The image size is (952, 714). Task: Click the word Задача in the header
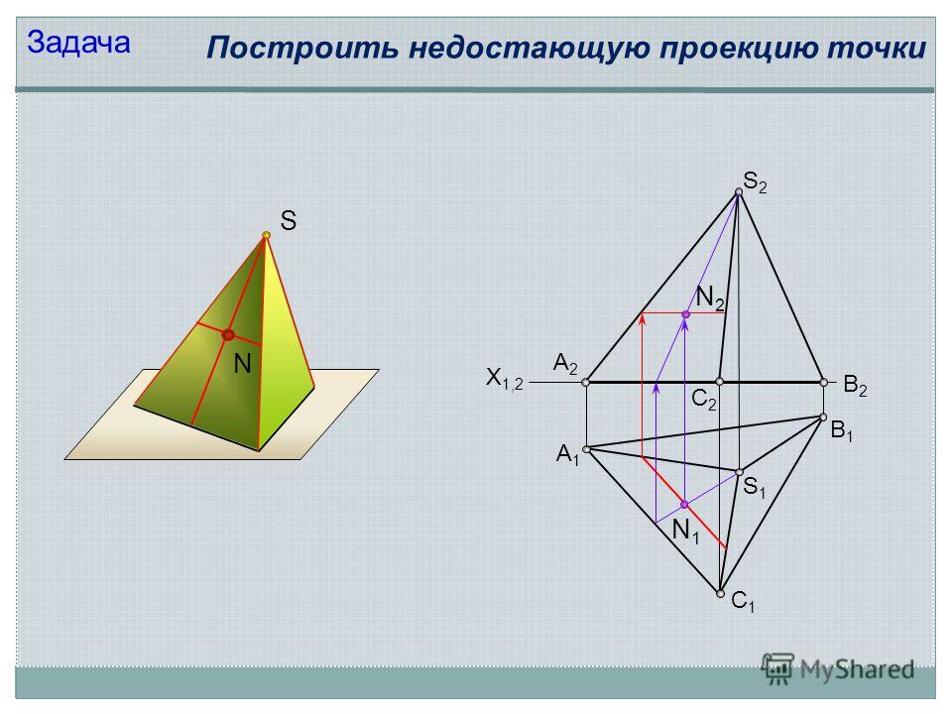[x=78, y=43]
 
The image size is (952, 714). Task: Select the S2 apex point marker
[x=739, y=191]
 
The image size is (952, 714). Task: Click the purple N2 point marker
[x=685, y=314]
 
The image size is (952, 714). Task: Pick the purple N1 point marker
[x=684, y=505]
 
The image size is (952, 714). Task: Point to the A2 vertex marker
[x=585, y=383]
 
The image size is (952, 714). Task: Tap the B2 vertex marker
[x=824, y=383]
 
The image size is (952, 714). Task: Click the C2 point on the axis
[x=720, y=382]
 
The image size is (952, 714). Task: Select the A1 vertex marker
[x=586, y=449]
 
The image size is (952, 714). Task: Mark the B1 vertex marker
[x=823, y=417]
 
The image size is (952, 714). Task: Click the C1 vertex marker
[x=720, y=594]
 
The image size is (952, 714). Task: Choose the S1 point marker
[x=740, y=472]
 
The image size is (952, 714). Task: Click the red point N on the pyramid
[x=228, y=334]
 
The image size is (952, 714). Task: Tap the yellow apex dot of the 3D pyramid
[x=266, y=235]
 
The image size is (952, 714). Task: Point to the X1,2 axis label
[x=504, y=379]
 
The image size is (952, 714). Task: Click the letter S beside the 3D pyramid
[x=289, y=220]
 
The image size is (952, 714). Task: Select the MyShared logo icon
[x=777, y=669]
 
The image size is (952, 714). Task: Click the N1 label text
[x=686, y=532]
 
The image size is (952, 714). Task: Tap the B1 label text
[x=842, y=431]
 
